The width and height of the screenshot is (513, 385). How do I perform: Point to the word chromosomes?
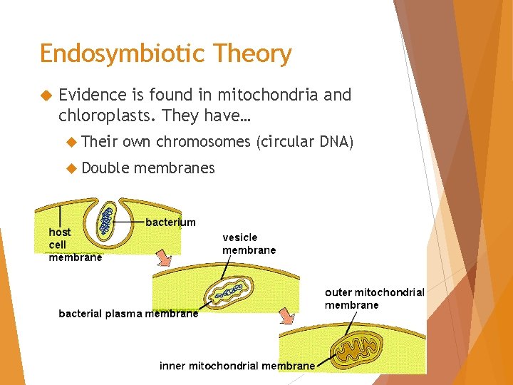(x=203, y=142)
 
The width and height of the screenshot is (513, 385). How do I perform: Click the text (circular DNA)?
(x=305, y=142)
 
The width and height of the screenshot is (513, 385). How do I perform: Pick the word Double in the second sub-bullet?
(x=105, y=168)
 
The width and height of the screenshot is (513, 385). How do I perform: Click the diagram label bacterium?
(x=170, y=222)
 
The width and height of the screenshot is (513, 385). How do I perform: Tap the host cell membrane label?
(x=75, y=245)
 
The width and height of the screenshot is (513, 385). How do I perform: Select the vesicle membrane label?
(x=249, y=243)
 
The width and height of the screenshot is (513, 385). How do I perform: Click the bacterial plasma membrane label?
(x=128, y=313)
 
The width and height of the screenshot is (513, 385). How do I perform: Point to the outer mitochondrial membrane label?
(x=374, y=298)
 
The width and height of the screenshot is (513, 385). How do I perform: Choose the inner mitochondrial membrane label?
(x=237, y=366)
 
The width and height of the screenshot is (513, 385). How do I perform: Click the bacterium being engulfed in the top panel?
(x=108, y=219)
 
